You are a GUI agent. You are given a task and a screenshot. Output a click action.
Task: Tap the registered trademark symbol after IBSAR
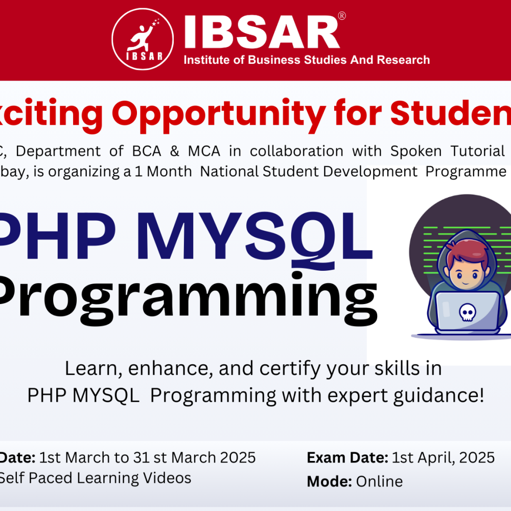click(x=342, y=16)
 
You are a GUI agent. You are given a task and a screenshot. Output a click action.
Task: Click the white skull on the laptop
click(x=466, y=312)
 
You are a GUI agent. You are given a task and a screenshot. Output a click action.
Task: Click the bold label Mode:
click(x=330, y=481)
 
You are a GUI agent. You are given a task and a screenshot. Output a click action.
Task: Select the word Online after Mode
click(x=379, y=481)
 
